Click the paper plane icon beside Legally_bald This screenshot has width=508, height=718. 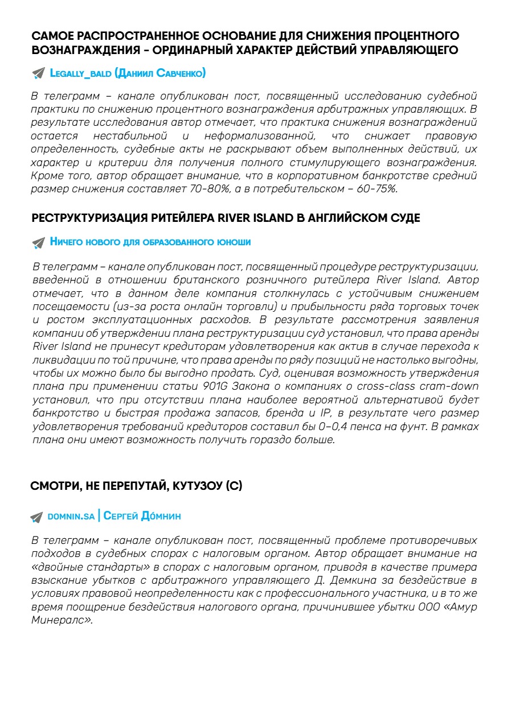(x=39, y=73)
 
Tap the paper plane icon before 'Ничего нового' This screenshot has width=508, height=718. (x=39, y=242)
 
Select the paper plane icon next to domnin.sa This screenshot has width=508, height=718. (x=37, y=517)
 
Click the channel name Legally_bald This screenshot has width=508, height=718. (x=80, y=73)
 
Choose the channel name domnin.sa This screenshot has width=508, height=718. (x=71, y=517)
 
